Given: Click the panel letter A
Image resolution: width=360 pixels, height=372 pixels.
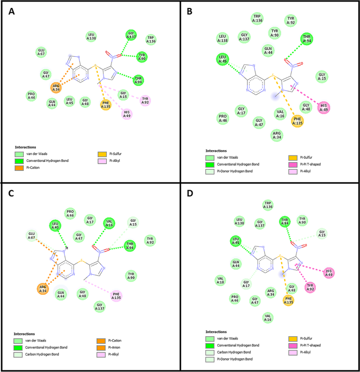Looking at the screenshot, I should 12,11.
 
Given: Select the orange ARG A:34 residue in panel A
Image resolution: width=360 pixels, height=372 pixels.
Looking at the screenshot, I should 56,87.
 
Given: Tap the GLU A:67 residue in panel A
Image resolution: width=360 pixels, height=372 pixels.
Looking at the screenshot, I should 41,51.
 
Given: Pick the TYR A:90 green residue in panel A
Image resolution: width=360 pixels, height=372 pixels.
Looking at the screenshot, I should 141,57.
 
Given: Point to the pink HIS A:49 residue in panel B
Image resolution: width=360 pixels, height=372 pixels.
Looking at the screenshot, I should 324,107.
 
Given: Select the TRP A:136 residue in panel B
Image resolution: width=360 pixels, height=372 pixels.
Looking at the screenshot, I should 257,19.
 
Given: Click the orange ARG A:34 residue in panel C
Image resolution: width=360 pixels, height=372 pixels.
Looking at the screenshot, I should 43,288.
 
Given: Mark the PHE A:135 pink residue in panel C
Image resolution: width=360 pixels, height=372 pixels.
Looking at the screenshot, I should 117,296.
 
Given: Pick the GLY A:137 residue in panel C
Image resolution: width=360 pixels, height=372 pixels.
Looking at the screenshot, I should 99,305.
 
